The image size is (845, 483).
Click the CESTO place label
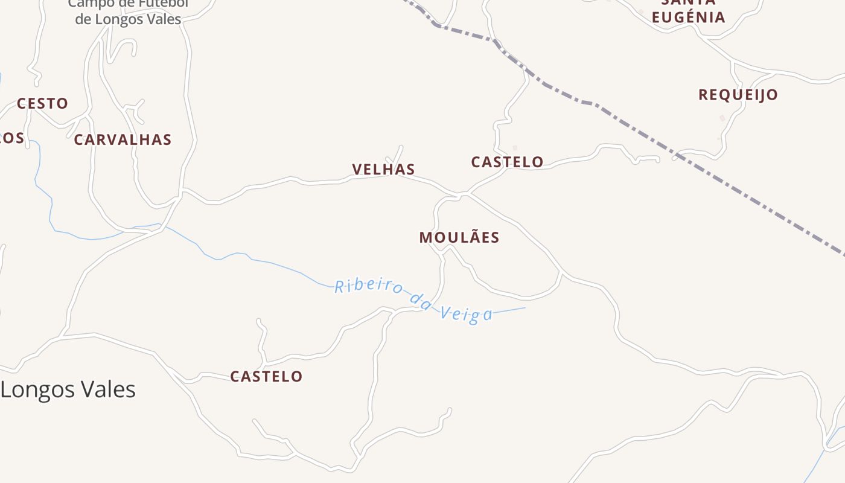42,104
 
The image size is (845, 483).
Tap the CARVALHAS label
123,140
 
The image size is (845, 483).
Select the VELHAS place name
384,170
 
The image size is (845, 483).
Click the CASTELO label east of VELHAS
507,162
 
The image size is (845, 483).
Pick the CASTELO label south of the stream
266,377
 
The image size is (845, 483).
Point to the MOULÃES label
459,238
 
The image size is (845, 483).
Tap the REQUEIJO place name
738,95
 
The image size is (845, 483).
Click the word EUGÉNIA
688,17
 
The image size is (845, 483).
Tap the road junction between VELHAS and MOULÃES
462,194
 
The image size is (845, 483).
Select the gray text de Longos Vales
128,19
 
